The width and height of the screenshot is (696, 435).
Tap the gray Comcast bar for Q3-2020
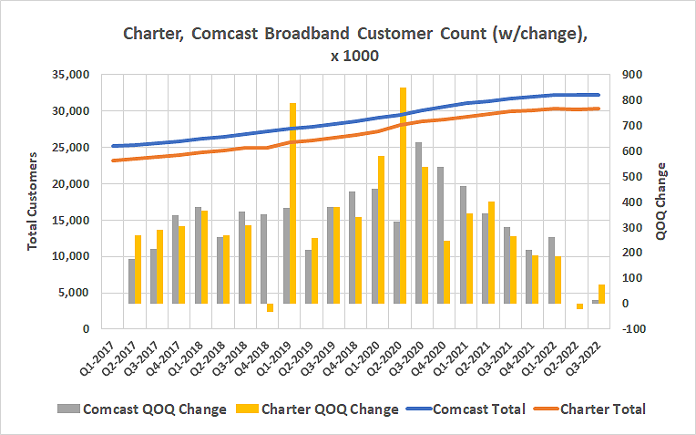pos(418,223)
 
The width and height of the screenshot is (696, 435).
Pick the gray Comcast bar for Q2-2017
pos(131,281)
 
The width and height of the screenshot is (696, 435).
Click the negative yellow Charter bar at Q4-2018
pos(271,307)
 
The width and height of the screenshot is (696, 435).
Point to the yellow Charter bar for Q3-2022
pos(601,294)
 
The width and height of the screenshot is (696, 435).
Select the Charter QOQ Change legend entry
pos(322,409)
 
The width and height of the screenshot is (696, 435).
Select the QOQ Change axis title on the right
pos(661,201)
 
